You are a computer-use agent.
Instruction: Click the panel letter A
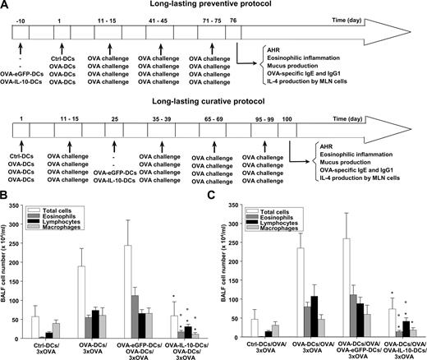pos(7,7)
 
